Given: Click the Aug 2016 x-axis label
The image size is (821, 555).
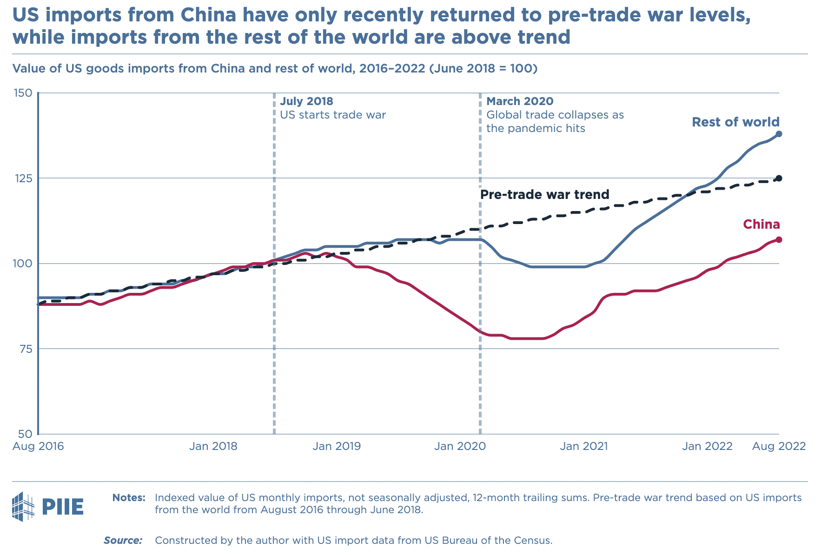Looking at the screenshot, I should click(x=38, y=446).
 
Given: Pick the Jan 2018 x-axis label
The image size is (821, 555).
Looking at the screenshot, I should click(x=213, y=446).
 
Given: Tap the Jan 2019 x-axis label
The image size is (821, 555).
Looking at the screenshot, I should click(x=337, y=446).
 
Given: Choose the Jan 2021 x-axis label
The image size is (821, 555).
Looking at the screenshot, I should click(x=583, y=446).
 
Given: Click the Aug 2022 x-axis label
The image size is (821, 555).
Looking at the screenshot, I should click(x=779, y=446).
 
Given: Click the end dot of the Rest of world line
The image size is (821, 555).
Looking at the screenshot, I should click(x=779, y=134).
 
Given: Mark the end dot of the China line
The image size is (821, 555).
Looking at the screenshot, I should click(x=779, y=239).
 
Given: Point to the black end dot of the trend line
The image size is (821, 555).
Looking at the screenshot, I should click(x=779, y=178).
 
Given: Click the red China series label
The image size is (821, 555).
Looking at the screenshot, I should click(x=761, y=225).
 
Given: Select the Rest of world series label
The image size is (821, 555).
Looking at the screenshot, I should click(x=735, y=122).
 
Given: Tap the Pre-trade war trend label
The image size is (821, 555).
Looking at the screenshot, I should click(x=544, y=194).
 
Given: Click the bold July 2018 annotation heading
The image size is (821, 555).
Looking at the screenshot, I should click(x=306, y=101).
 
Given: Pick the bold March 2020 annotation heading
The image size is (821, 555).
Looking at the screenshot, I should click(x=520, y=101).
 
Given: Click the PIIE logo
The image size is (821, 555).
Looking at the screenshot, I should click(x=48, y=507).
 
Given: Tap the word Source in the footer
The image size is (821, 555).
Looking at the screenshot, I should click(x=123, y=541).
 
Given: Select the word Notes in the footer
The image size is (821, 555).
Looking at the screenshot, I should click(x=129, y=498).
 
